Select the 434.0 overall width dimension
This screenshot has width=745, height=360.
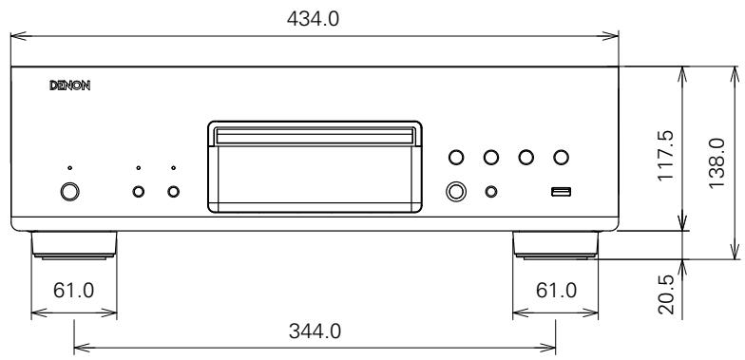314,17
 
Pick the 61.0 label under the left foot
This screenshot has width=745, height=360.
74,289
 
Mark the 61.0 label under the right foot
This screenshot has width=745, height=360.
557,289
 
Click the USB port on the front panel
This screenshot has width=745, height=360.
561,193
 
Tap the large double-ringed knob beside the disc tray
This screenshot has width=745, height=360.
457,192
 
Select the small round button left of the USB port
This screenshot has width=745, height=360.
491,192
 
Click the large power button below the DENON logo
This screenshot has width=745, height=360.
69,192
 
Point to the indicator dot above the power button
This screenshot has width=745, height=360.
69,169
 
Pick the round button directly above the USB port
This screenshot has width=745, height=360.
561,157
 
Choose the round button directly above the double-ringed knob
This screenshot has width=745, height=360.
457,157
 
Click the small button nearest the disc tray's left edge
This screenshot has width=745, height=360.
174,193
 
